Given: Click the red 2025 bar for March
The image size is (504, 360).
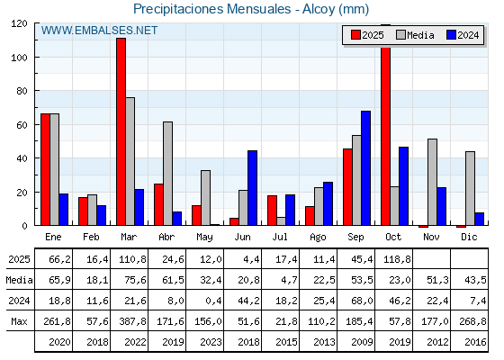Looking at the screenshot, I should coord(121,131).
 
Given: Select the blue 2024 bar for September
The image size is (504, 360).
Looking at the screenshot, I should coord(365,168).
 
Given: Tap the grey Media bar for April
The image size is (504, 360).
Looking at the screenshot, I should coord(167,174).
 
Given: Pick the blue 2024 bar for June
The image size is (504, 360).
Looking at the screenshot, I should coord(252,188).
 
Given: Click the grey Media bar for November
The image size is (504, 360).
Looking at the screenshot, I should coord(432,182).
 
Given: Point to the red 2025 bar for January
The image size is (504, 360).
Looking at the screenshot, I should coord(45,169).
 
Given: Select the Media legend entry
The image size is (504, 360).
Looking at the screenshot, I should coord(414,35).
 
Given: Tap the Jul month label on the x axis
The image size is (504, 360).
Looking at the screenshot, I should coord(281,236).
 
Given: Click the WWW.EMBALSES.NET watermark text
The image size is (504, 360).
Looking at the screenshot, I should coord(99,31).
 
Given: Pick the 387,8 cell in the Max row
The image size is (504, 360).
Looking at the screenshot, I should coord(130,321).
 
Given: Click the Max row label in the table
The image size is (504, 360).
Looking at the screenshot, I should coord(18,321).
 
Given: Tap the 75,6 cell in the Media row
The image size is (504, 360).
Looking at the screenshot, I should coord(130,280).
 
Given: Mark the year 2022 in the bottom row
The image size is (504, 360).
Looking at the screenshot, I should coord(130,342).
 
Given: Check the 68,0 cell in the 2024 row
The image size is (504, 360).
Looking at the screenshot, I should coord(356,301).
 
